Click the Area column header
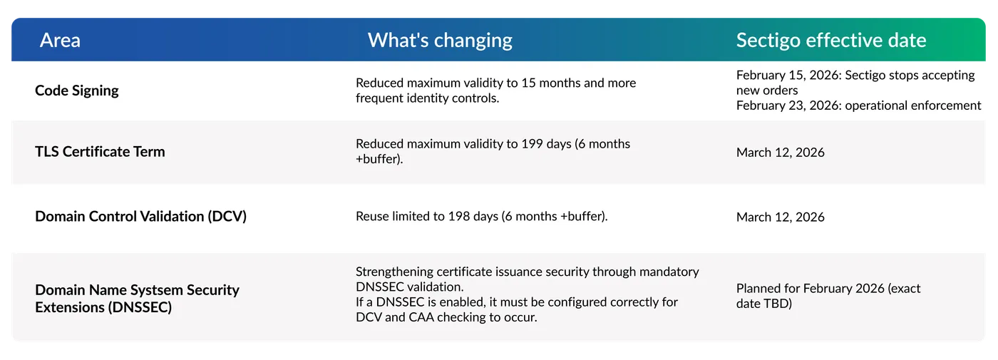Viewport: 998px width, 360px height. (x=60, y=40)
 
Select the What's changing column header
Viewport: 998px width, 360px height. (x=440, y=40)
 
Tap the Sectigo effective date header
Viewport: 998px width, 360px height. (x=831, y=40)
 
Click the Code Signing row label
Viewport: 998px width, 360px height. (x=77, y=91)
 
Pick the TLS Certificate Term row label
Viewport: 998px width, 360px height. (x=100, y=152)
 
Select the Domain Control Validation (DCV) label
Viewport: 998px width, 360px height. (x=140, y=216)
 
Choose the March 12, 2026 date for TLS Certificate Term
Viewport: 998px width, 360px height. (x=780, y=152)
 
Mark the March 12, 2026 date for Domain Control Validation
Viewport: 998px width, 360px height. (x=780, y=217)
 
